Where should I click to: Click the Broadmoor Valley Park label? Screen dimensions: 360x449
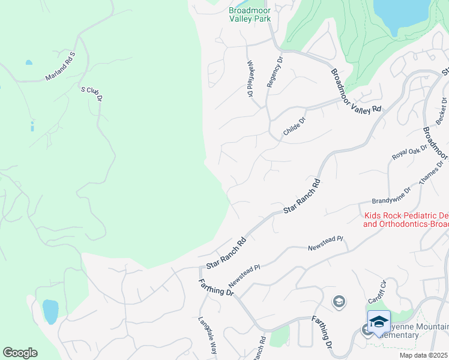point(250,14)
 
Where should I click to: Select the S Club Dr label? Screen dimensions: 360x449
point(92,93)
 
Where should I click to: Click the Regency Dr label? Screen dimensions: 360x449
point(274,72)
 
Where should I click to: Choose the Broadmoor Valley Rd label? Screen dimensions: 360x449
point(355,91)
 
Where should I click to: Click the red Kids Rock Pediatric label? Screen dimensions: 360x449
point(406,220)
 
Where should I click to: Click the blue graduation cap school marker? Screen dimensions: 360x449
point(379,322)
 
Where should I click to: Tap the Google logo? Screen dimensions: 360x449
point(20,352)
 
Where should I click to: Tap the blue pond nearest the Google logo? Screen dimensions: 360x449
point(50,311)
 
